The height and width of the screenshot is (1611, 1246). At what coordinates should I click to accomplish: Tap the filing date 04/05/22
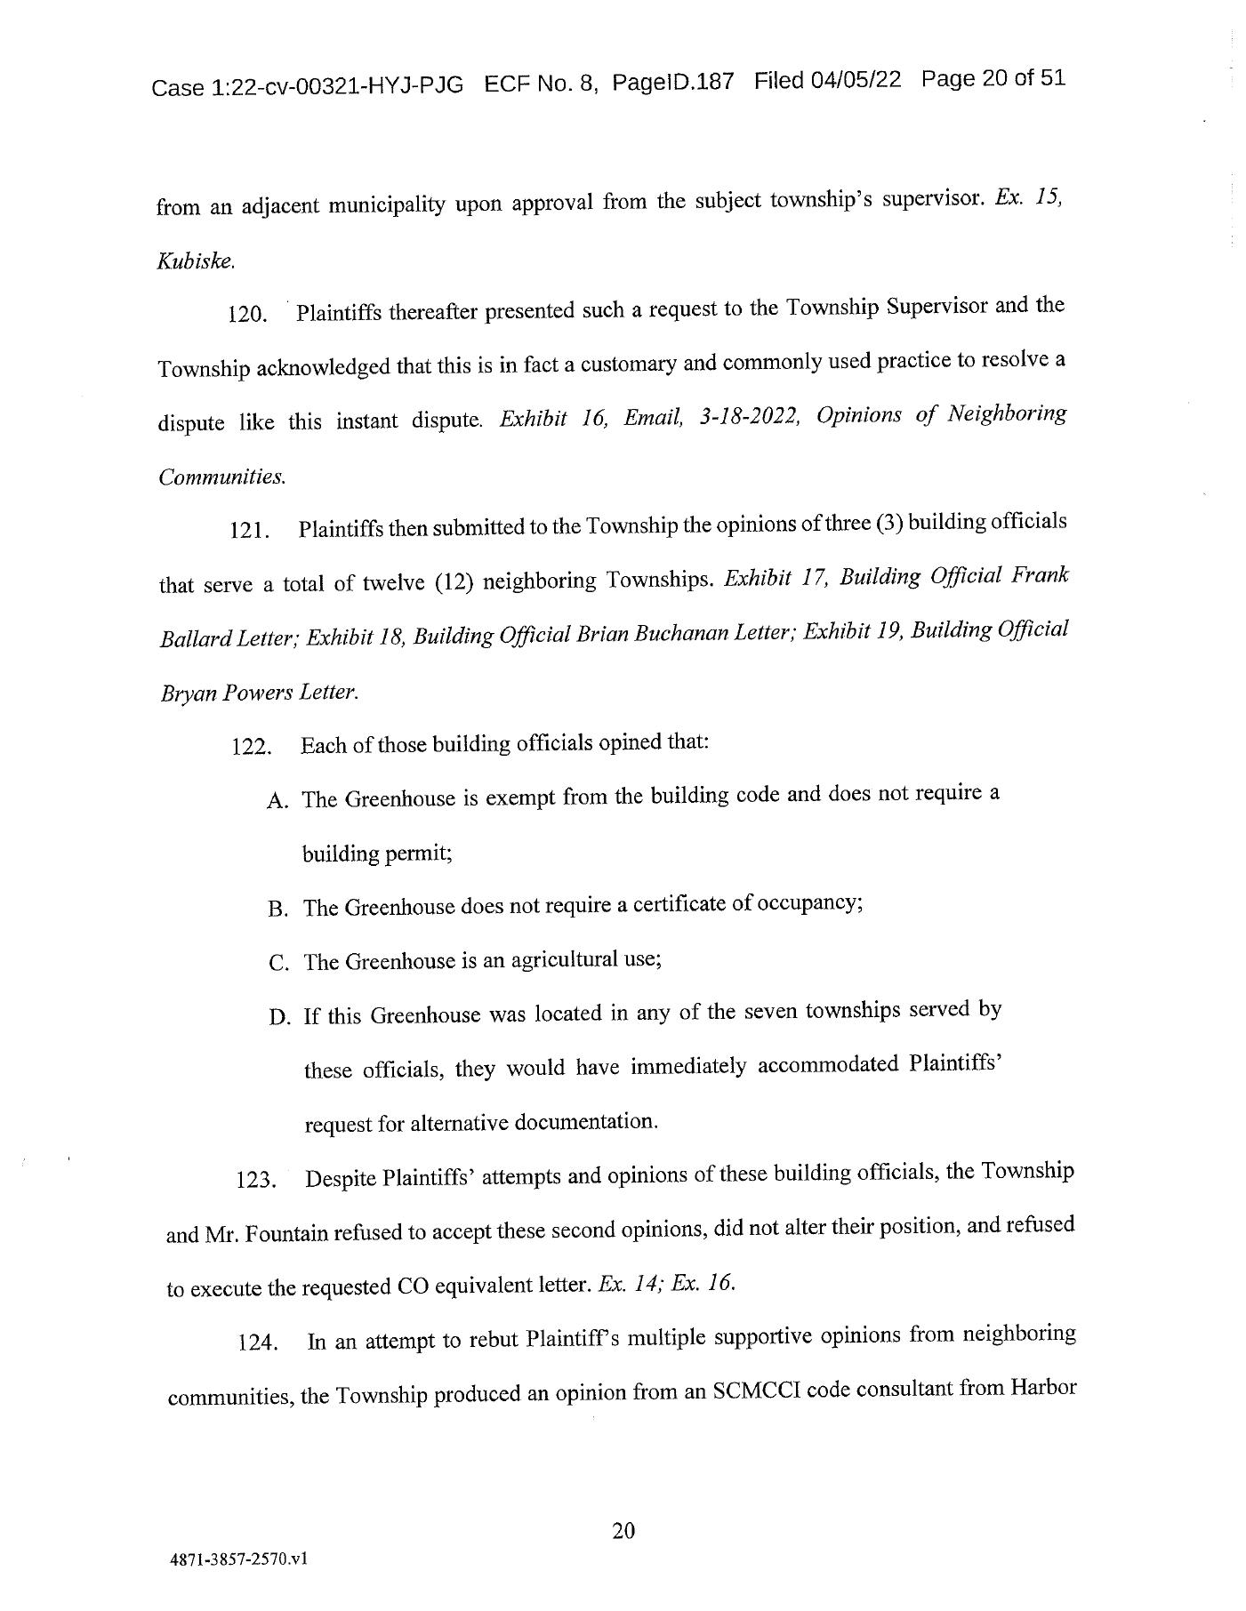[x=855, y=80]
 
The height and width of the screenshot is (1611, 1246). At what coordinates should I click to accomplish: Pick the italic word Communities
[x=222, y=477]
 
